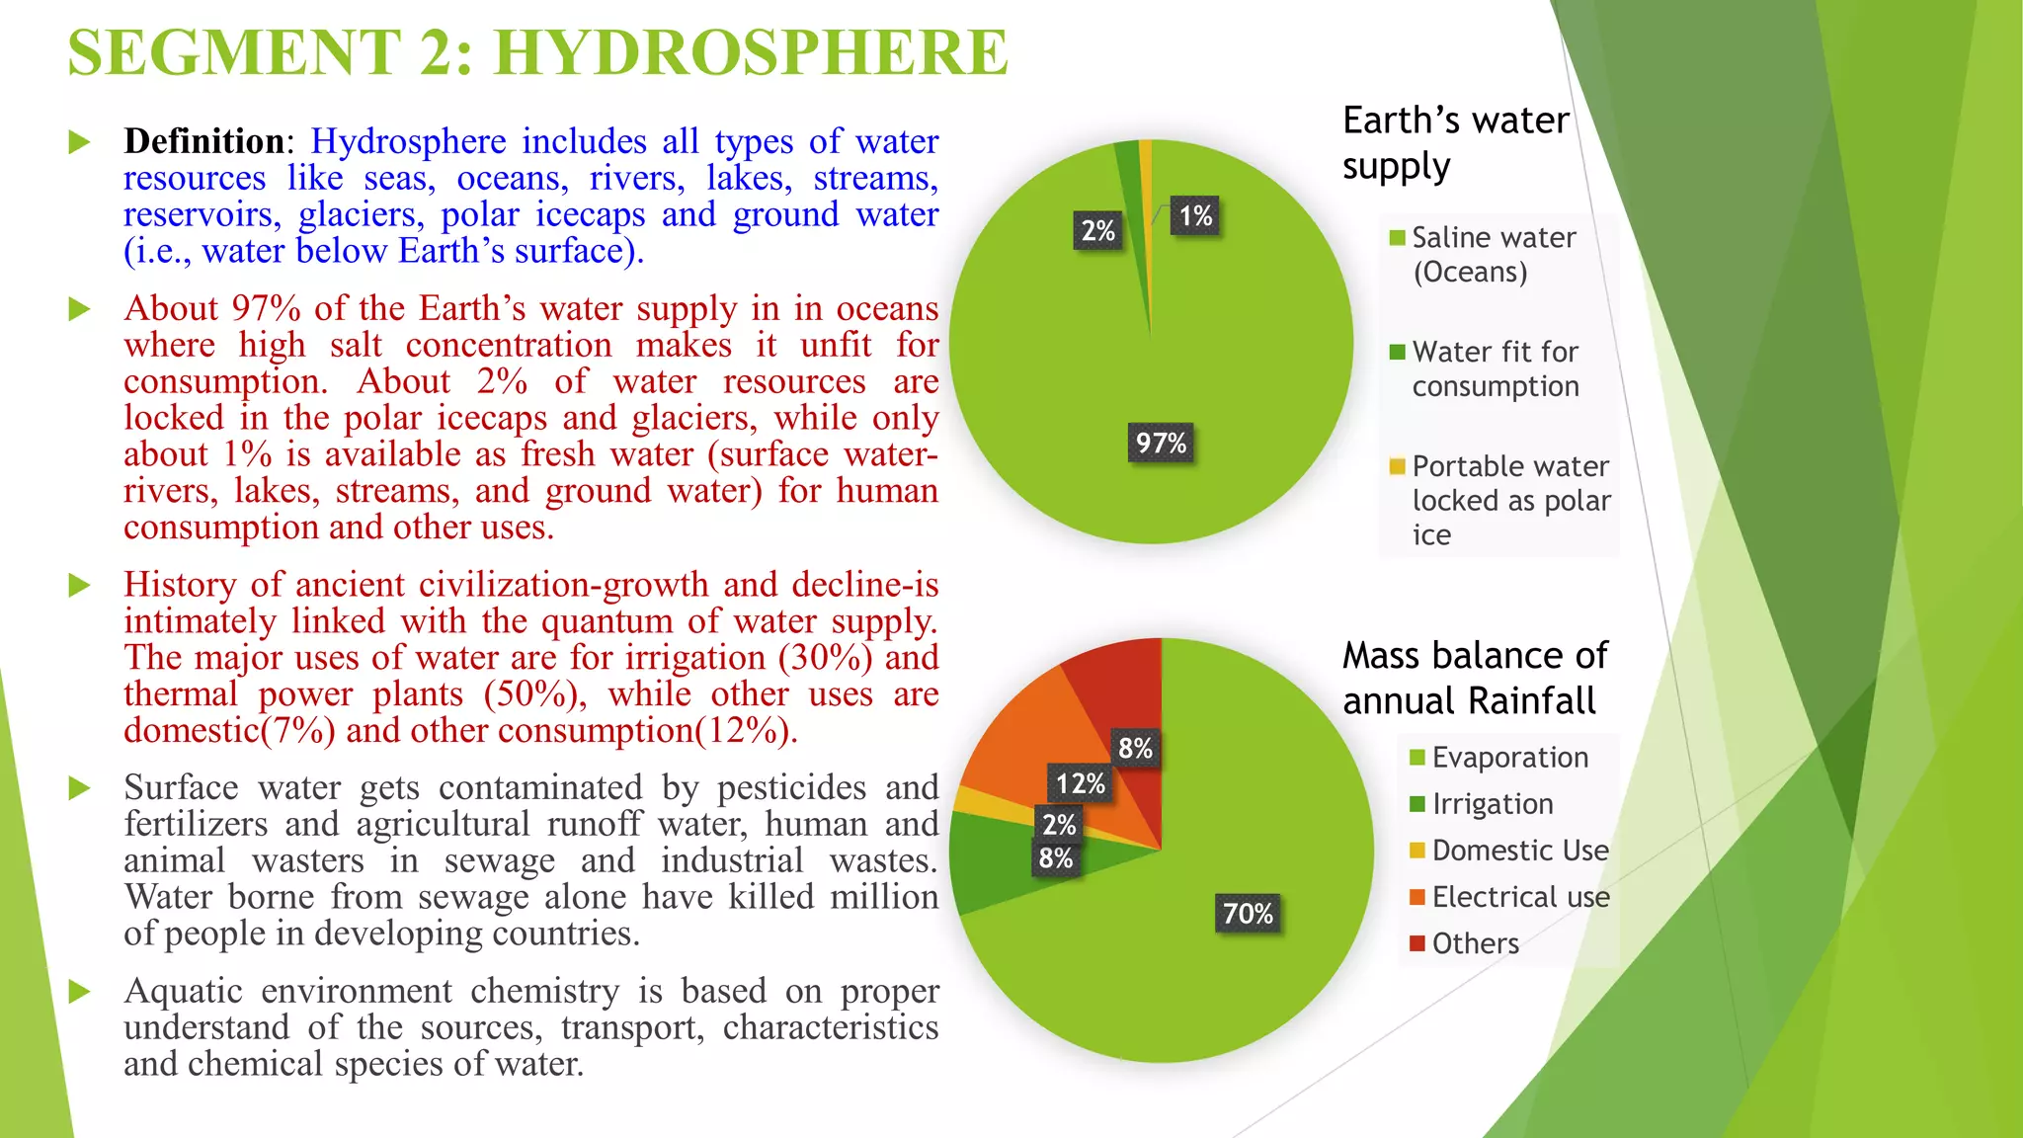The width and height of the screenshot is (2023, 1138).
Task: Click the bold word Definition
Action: click(204, 141)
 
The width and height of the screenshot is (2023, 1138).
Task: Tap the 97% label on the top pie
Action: click(1161, 443)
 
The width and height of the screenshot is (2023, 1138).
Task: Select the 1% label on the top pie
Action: click(1195, 216)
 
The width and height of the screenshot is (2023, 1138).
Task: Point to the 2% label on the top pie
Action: click(1097, 231)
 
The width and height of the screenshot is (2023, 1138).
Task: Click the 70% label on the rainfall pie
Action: click(1248, 914)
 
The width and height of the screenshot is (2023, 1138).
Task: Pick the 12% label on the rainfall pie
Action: click(1080, 784)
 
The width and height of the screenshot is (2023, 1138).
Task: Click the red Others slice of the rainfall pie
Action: click(1126, 691)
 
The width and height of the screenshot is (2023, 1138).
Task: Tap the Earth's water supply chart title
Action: click(1454, 143)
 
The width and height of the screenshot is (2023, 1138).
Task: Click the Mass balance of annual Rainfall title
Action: click(1474, 679)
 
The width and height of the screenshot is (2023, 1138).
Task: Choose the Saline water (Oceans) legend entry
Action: click(1493, 255)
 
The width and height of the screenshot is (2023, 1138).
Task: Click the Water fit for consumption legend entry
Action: click(1495, 368)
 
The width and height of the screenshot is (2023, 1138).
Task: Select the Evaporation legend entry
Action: click(1509, 758)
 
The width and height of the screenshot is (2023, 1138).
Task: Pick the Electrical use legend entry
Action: click(1519, 897)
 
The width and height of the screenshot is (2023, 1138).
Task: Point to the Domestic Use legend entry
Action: click(1519, 851)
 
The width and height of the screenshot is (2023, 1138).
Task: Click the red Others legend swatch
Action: click(1417, 943)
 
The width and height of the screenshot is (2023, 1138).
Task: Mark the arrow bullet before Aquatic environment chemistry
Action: click(79, 992)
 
